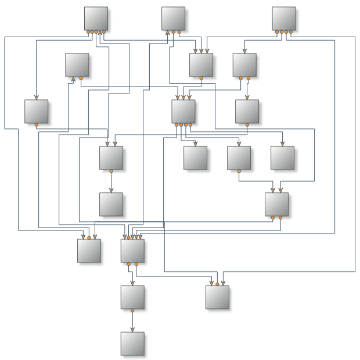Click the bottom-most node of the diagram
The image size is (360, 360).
[132, 344]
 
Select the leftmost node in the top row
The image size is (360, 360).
[96, 19]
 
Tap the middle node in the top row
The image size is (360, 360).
[173, 19]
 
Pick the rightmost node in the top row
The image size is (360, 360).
[284, 19]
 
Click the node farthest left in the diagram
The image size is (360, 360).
[36, 111]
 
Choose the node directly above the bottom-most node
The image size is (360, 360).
[132, 297]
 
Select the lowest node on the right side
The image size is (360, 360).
[217, 297]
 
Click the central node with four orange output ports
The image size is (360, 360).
[183, 111]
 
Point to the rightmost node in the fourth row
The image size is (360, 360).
[282, 158]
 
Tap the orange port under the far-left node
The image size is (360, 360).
[36, 125]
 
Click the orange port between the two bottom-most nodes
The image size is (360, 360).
[132, 311]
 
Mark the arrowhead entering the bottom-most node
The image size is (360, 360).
[132, 330]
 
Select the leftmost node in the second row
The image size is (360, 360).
[77, 65]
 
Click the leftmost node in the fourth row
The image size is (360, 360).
[111, 158]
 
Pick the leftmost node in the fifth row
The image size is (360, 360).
[111, 204]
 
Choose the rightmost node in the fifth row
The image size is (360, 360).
[276, 204]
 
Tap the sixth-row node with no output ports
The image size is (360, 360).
[89, 251]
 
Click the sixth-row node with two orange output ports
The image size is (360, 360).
[132, 251]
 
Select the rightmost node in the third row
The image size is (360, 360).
[247, 111]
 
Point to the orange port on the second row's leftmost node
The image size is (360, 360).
[81, 78]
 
